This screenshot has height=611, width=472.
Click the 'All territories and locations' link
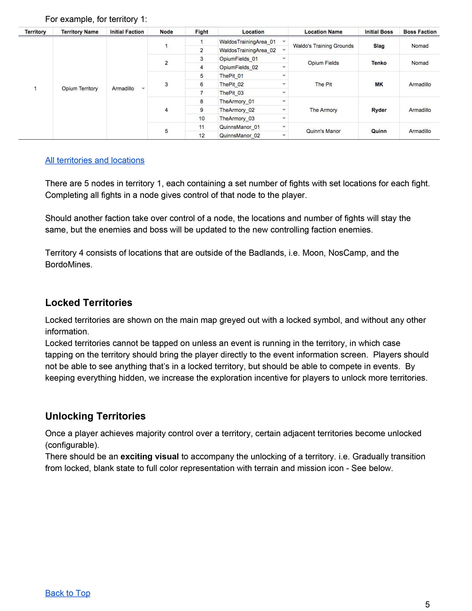95,160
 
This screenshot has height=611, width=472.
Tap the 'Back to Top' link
68,593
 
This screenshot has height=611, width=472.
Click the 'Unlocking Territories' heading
95,416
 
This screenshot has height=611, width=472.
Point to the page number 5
427,604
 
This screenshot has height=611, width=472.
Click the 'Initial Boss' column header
379,32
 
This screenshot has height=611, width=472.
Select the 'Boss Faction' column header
420,32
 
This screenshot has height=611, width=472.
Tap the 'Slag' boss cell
379,46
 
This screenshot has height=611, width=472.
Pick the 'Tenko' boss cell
379,63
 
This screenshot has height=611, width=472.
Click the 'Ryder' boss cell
379,110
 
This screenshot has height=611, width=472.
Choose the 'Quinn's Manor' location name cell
323,131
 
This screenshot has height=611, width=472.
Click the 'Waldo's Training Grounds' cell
323,46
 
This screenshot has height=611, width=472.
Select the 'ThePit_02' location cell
232,84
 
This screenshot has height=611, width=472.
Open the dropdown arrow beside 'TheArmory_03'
284,118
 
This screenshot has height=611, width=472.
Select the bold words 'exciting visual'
150,457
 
